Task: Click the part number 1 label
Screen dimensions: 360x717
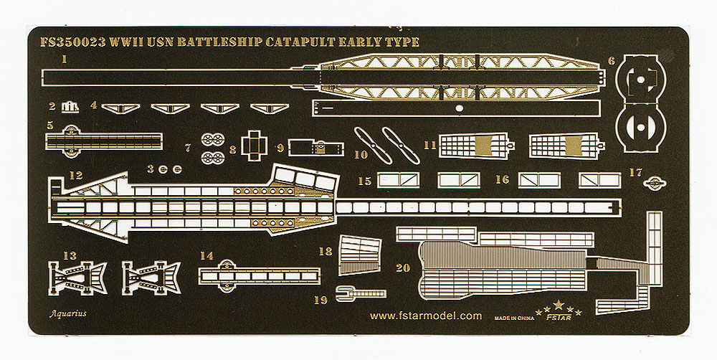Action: tap(65, 60)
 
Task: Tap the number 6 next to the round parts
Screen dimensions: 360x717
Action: tap(612, 61)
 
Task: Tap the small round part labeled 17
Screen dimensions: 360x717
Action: tap(653, 183)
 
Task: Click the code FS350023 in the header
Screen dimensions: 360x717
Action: tap(70, 42)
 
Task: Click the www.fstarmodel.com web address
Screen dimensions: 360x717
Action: tap(426, 315)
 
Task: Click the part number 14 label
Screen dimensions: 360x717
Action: tap(207, 255)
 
